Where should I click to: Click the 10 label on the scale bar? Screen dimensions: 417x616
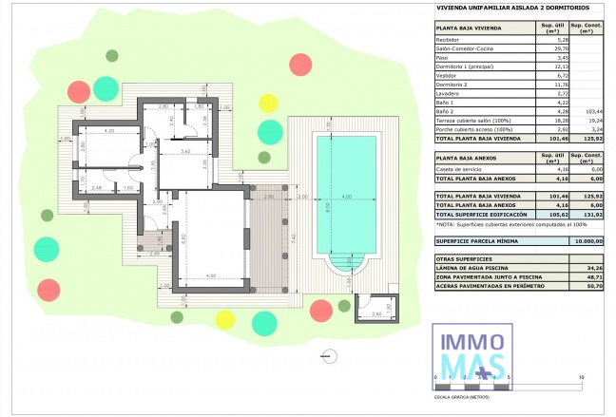coord(581,377)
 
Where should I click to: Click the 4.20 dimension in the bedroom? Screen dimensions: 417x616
coord(108,130)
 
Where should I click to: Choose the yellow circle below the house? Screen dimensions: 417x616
coord(224,319)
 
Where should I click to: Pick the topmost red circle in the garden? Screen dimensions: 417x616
coord(300,65)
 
